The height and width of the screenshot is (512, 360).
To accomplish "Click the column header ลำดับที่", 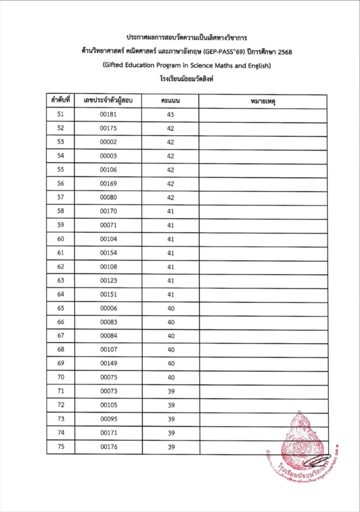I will coord(60,101).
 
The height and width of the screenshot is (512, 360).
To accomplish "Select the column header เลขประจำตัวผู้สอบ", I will coord(108,101).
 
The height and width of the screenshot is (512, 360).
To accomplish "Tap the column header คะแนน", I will coord(170,101).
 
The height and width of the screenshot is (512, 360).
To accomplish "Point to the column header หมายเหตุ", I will coord(263,101).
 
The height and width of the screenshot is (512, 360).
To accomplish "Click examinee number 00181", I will coord(108,114).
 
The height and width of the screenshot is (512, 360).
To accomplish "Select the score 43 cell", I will coord(170,114).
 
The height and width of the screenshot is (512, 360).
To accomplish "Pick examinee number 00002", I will coord(108,142).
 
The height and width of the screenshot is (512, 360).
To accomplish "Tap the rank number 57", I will coord(61,197).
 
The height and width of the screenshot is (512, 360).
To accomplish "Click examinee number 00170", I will coord(108,211).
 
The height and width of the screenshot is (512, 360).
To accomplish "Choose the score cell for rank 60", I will coord(170,239).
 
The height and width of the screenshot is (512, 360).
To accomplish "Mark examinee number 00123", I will coord(108,280).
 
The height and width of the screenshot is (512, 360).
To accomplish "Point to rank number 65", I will coord(61,308).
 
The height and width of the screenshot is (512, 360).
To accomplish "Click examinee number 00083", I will coord(108,322).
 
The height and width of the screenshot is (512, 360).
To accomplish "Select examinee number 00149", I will coord(108,363).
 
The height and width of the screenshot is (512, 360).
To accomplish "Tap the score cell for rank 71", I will coord(170,391).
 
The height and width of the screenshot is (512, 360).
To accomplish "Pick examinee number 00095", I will coord(108,419).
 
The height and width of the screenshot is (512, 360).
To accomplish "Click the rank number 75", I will coord(61,447).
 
